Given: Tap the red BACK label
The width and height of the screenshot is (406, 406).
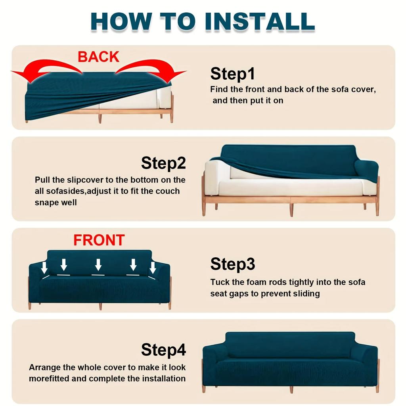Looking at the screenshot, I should click(98, 57).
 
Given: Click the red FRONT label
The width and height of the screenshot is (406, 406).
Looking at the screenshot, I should click(99, 240).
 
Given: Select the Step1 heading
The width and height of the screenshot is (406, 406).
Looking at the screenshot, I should click(232, 74).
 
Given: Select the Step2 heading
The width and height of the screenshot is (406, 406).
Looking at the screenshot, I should click(163, 163).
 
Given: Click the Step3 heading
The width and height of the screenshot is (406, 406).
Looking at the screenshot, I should click(232, 264).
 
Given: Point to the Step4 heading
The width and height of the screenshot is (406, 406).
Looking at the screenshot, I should click(163, 350).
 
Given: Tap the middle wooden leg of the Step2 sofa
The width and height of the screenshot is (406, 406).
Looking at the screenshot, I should click(291, 209).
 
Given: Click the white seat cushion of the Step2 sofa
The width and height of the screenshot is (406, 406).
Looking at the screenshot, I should click(289, 187).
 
